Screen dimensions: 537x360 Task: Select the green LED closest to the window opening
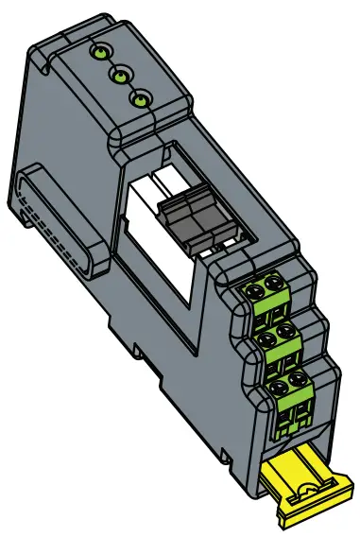pos(141,98)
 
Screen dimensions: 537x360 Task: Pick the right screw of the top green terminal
pos(276,282)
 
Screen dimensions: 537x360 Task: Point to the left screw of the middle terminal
pos(262,338)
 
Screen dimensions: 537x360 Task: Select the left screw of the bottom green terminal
pos(279,389)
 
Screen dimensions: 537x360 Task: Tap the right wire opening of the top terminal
pos(279,305)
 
